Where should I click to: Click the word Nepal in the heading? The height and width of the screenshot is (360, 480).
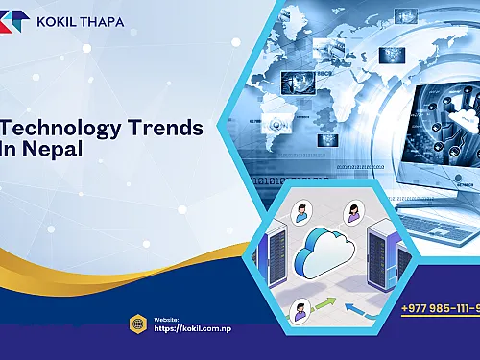45,151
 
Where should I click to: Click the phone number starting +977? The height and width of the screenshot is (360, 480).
441,307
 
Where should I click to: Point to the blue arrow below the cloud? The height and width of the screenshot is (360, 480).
366,306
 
